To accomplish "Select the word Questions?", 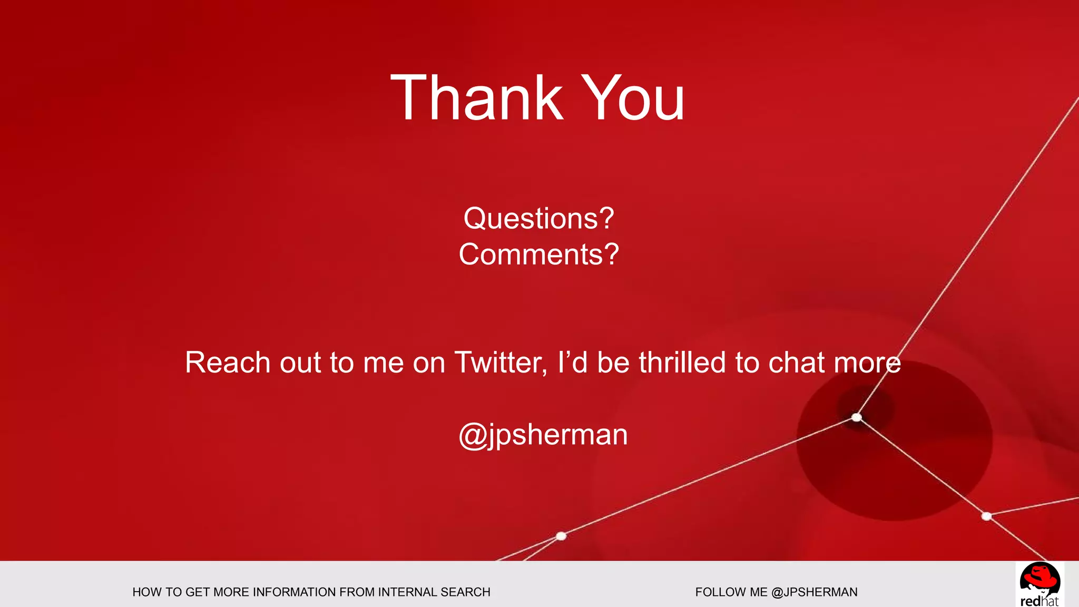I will tap(538, 218).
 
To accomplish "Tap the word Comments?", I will tap(538, 254).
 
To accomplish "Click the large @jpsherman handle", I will tap(543, 435).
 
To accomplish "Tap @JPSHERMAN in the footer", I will tap(814, 592).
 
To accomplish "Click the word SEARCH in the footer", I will tap(466, 592).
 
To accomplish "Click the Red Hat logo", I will tap(1039, 584).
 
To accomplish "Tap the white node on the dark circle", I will tap(857, 417).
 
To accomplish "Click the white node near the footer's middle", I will tap(561, 536).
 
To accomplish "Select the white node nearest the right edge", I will tap(987, 516).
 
